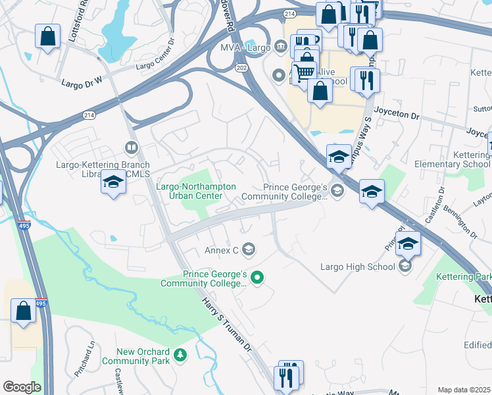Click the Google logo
[x=21, y=387]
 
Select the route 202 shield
[x=241, y=67]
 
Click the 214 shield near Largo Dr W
[x=89, y=115]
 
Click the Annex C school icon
[x=248, y=249]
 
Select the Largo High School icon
[x=405, y=266]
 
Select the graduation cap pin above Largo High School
[x=408, y=244]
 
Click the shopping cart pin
[x=304, y=73]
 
